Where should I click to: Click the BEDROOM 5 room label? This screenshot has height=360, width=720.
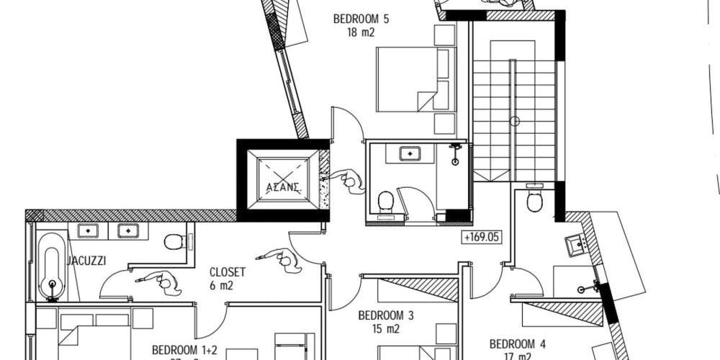pyautogui.click(x=360, y=19)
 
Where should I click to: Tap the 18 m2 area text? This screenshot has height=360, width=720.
pyautogui.click(x=360, y=32)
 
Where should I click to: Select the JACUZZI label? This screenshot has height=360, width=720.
pyautogui.click(x=86, y=261)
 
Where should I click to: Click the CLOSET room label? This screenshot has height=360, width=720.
pyautogui.click(x=227, y=272)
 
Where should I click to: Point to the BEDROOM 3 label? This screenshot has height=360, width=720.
pyautogui.click(x=385, y=315)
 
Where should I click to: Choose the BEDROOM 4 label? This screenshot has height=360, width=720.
pyautogui.click(x=517, y=343)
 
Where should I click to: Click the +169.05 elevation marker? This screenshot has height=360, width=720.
pyautogui.click(x=482, y=235)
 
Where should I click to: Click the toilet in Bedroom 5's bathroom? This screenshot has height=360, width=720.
pyautogui.click(x=386, y=201)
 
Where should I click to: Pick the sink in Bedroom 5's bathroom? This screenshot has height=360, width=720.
pyautogui.click(x=410, y=153)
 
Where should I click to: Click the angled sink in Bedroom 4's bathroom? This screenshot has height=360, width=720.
pyautogui.click(x=576, y=245)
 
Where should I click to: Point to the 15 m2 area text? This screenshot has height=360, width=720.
pyautogui.click(x=385, y=328)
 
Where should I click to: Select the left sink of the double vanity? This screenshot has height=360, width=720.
pyautogui.click(x=87, y=231)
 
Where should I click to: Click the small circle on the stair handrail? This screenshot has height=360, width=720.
pyautogui.click(x=515, y=121)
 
